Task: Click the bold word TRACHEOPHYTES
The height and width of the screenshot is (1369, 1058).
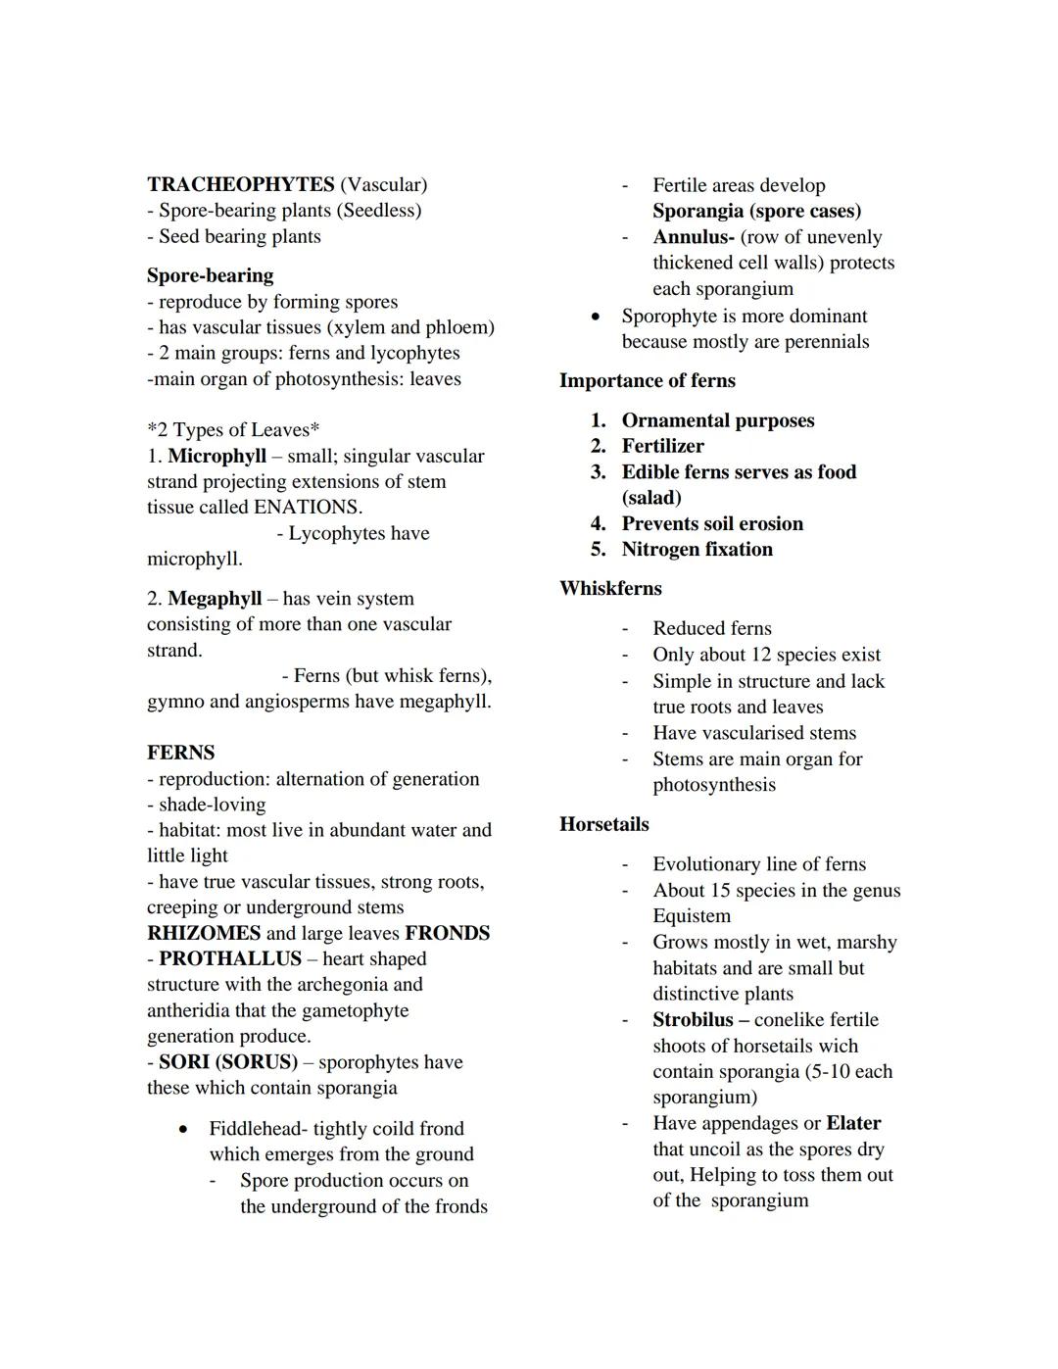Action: (241, 184)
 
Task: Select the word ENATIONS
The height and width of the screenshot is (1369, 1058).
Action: (307, 507)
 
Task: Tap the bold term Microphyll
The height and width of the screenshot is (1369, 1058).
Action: (216, 456)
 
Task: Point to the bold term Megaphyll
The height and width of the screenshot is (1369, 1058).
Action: (215, 598)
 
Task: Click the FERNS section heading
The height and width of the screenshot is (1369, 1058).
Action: (180, 753)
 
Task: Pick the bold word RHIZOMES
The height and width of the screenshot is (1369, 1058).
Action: (204, 933)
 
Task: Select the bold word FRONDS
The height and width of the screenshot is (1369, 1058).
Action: (447, 933)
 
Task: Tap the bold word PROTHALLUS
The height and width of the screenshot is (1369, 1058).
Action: (230, 958)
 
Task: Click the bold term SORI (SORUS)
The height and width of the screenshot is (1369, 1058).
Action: (227, 1061)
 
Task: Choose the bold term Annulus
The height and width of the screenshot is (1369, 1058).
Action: (693, 237)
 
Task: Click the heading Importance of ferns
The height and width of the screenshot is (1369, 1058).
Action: (647, 380)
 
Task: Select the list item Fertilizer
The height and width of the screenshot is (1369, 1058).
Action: (662, 446)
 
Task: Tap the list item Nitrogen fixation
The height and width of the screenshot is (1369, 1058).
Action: (697, 549)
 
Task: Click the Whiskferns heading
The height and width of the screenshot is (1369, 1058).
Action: (610, 588)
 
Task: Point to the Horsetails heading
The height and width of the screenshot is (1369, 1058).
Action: (603, 824)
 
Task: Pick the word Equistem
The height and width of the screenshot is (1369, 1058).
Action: (692, 915)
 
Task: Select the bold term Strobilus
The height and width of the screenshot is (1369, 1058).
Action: (693, 1019)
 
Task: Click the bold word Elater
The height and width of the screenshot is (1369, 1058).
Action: (853, 1123)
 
